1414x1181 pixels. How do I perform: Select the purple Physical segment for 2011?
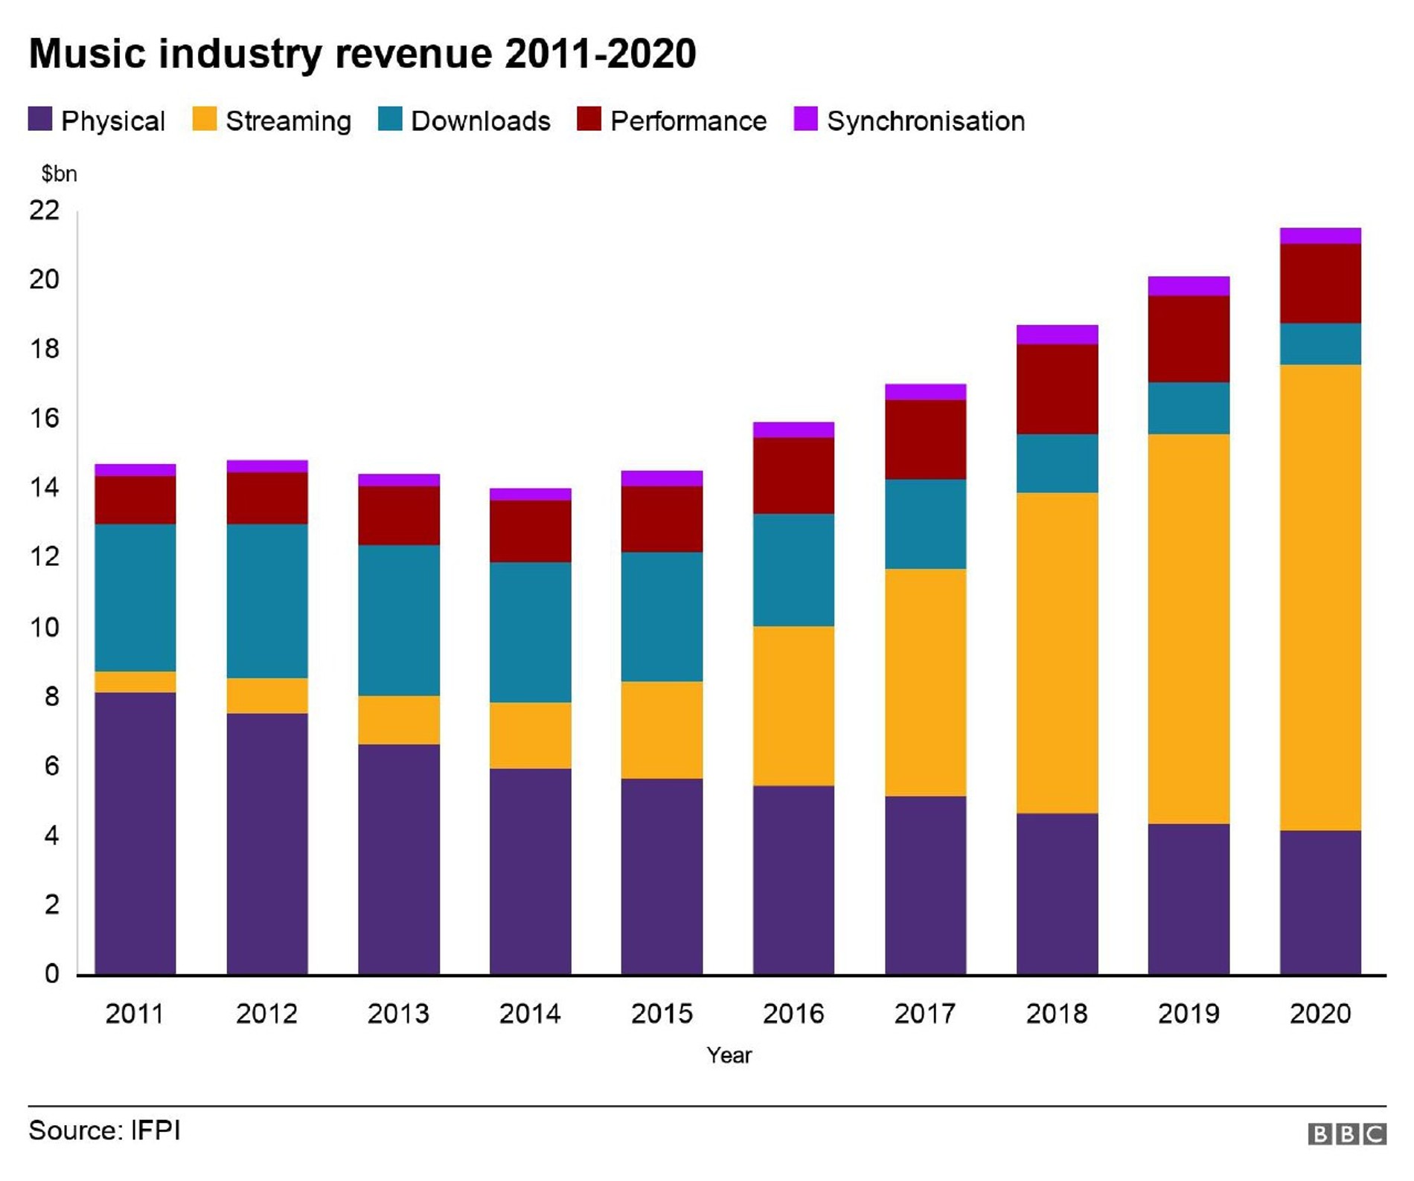click(x=135, y=833)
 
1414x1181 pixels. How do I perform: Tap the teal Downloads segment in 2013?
click(x=398, y=620)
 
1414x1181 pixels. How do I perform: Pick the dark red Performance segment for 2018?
click(x=1057, y=389)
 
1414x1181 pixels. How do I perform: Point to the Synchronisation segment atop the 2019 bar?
click(x=1188, y=286)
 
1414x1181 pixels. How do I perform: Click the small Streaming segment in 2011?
click(x=135, y=682)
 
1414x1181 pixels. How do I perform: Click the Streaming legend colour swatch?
click(x=204, y=119)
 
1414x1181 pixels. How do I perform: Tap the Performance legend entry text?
click(x=688, y=121)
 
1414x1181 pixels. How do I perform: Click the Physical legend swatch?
click(x=40, y=119)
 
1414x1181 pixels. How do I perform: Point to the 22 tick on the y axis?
click(x=45, y=210)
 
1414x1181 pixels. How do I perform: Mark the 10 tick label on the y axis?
click(x=45, y=627)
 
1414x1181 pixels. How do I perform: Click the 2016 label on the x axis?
click(x=793, y=1013)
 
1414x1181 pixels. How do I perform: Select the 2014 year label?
click(x=530, y=1013)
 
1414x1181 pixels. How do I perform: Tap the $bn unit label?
click(x=59, y=174)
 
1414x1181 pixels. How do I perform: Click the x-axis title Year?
click(x=729, y=1055)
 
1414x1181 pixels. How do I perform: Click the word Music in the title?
click(x=88, y=54)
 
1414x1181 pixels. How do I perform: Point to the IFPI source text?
click(x=156, y=1130)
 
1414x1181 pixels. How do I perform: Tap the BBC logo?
click(x=1346, y=1133)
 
